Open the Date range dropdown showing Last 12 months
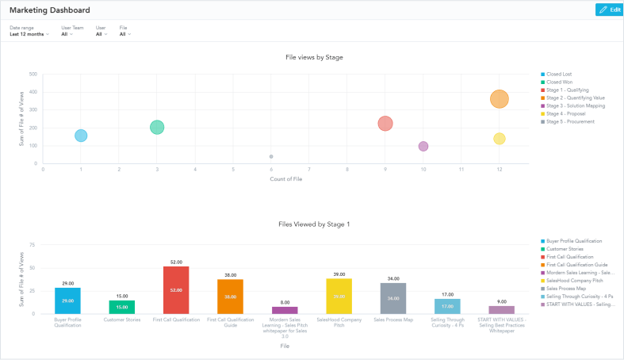coord(29,34)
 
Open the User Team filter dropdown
coord(69,34)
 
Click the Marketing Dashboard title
coord(49,10)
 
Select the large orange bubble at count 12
coord(499,99)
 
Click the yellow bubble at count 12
coord(499,139)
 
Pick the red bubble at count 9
coord(385,124)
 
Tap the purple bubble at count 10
coord(423,146)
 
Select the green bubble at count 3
coord(157,128)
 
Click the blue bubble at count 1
coord(81,136)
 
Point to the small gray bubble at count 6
coord(271,157)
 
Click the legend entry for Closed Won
coord(559,82)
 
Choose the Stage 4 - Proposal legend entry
coord(564,113)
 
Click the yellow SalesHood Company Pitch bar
coord(339,296)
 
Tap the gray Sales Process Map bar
coord(393,298)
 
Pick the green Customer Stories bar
coord(122,307)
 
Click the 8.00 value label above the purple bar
coord(285,302)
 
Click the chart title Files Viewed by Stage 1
coord(314,224)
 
